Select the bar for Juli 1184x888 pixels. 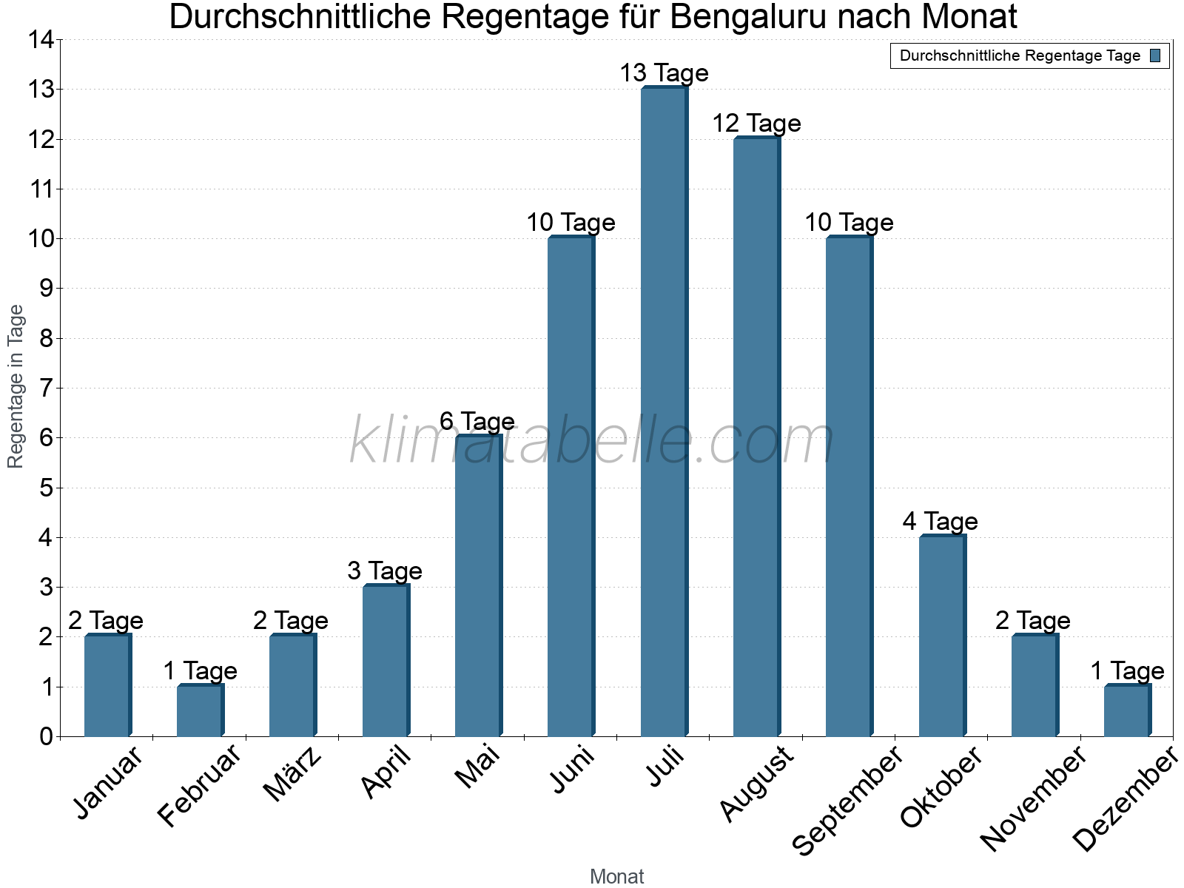tap(664, 411)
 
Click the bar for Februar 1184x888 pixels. tap(200, 710)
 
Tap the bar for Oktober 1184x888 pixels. tap(942, 636)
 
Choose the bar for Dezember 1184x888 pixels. tap(1127, 710)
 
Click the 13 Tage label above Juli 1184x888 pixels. tap(664, 73)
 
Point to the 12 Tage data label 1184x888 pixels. tap(756, 124)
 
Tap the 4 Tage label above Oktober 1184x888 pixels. tap(940, 522)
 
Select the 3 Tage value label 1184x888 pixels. tap(384, 571)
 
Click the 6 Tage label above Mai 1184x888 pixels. tap(477, 422)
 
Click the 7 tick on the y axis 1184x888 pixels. tap(47, 388)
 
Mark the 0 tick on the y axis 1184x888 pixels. tap(47, 736)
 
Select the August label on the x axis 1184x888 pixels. tap(756, 784)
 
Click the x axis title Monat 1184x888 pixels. tap(616, 877)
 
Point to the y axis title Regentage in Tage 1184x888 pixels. tap(16, 386)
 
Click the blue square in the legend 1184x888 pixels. tap(1155, 55)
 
